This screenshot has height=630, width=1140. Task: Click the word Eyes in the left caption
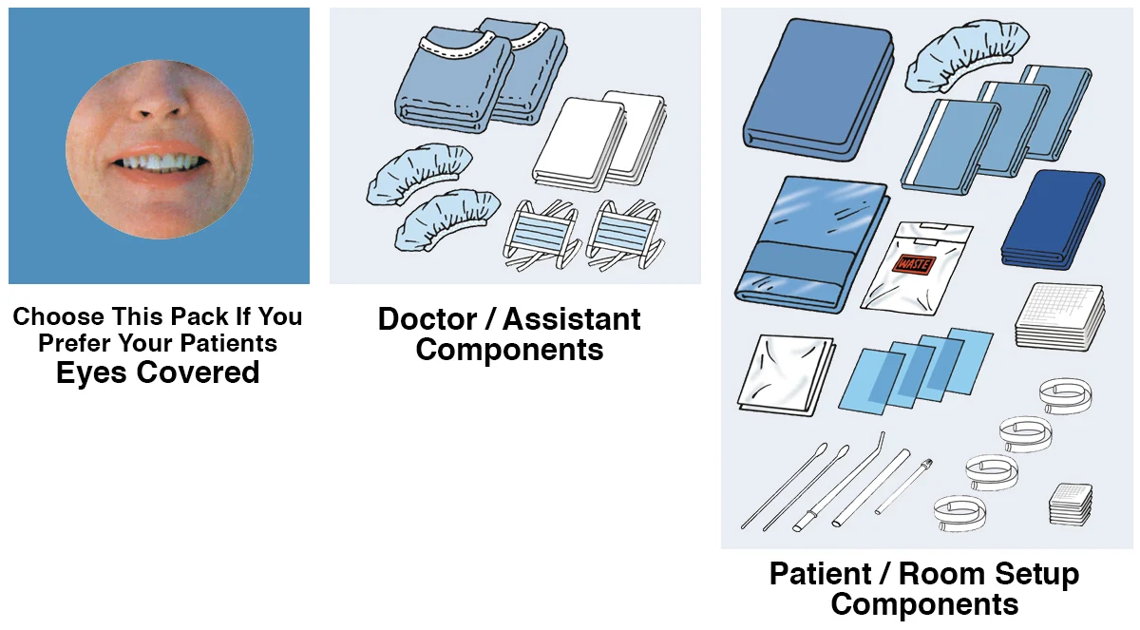92,372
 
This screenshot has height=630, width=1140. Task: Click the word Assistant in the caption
573,319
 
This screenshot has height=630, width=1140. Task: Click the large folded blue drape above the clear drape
818,87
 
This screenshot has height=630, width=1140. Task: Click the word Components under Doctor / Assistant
509,350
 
